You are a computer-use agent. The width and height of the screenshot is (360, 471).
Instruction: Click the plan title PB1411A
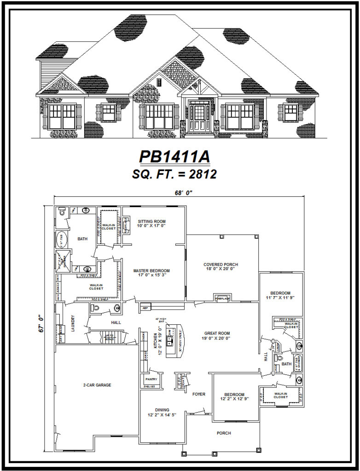(x=174, y=156)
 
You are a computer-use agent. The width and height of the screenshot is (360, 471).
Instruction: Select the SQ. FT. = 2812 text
(x=174, y=174)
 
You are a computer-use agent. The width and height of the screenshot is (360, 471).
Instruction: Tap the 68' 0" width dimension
(x=180, y=193)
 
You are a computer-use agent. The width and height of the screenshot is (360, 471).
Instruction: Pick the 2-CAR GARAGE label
(x=97, y=385)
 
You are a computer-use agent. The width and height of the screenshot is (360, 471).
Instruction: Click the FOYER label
(x=198, y=394)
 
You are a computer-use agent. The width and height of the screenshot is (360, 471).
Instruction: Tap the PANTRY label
(x=151, y=379)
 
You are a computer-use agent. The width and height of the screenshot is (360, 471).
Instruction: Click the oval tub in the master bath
(x=61, y=240)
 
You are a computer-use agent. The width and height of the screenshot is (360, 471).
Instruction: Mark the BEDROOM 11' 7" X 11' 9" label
(x=280, y=295)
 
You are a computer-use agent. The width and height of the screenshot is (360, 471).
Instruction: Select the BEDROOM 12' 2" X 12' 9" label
(x=234, y=396)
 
